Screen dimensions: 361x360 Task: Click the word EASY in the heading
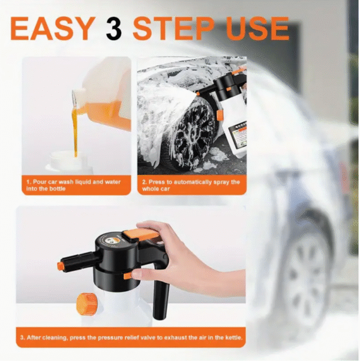[52, 28]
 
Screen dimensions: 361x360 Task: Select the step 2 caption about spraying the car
[191, 185]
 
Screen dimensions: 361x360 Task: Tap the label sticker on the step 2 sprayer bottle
[236, 133]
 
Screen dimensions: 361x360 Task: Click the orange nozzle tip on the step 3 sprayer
[61, 265]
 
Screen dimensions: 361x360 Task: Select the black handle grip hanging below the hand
[160, 300]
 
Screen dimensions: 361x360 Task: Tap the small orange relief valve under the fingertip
[128, 275]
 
